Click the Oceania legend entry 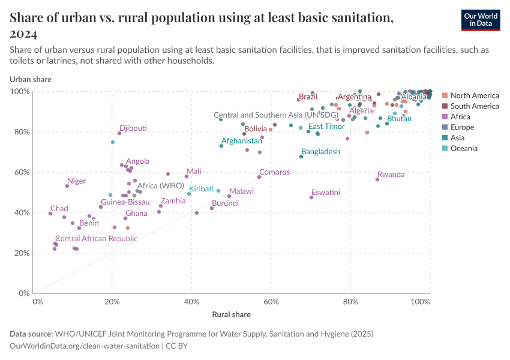[x=464, y=148]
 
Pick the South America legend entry [x=474, y=106]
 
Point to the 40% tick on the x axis [x=192, y=301]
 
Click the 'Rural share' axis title [x=231, y=314]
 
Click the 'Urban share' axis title [x=31, y=79]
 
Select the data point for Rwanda [x=377, y=179]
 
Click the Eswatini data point [x=311, y=197]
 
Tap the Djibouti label [x=133, y=128]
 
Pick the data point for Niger [x=67, y=186]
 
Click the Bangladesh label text [x=321, y=152]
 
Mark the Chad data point [x=50, y=214]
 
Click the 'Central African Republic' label [x=96, y=239]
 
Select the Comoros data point [x=259, y=177]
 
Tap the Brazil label [x=308, y=97]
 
